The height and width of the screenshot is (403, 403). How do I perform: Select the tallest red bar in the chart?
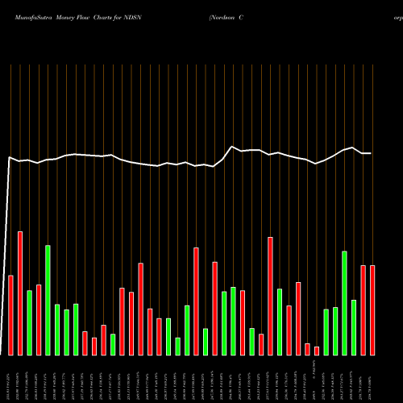click(20, 293)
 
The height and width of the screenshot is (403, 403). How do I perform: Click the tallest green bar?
click(48, 300)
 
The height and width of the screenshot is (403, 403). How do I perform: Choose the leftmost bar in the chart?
click(11, 315)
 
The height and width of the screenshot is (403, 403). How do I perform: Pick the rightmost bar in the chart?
click(372, 310)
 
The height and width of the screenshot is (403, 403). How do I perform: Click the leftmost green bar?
click(30, 322)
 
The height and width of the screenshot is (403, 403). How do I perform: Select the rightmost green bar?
click(354, 327)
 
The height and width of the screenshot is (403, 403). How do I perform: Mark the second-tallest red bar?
click(270, 296)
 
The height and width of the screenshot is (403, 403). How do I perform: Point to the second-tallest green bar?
click(344, 303)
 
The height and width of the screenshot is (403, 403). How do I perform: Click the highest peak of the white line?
click(233, 147)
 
